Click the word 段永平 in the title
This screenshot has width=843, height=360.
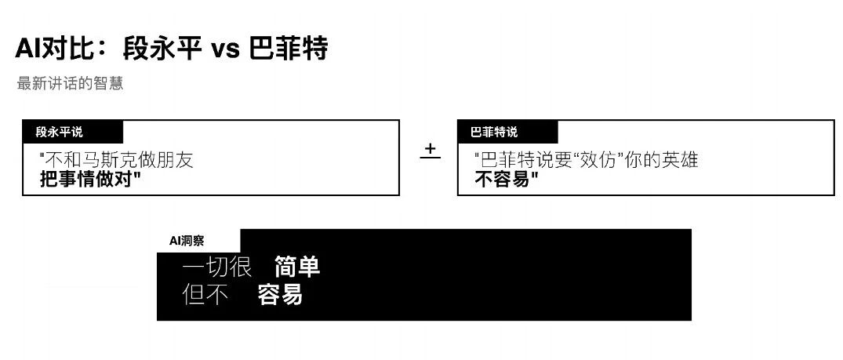point(161,49)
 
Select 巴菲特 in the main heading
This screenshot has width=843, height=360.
point(287,49)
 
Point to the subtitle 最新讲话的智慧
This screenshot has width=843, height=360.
point(70,83)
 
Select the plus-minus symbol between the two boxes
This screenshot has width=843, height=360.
point(430,151)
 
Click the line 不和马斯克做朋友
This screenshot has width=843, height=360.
point(117,161)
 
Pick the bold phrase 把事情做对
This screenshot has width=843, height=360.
point(90,180)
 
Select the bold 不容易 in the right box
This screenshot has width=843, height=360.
point(507,180)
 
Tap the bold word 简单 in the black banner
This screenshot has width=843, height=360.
point(297,267)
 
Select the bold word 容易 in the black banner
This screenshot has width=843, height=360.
point(280,295)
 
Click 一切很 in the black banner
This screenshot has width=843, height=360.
point(216,267)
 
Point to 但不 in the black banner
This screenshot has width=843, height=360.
point(205,295)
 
